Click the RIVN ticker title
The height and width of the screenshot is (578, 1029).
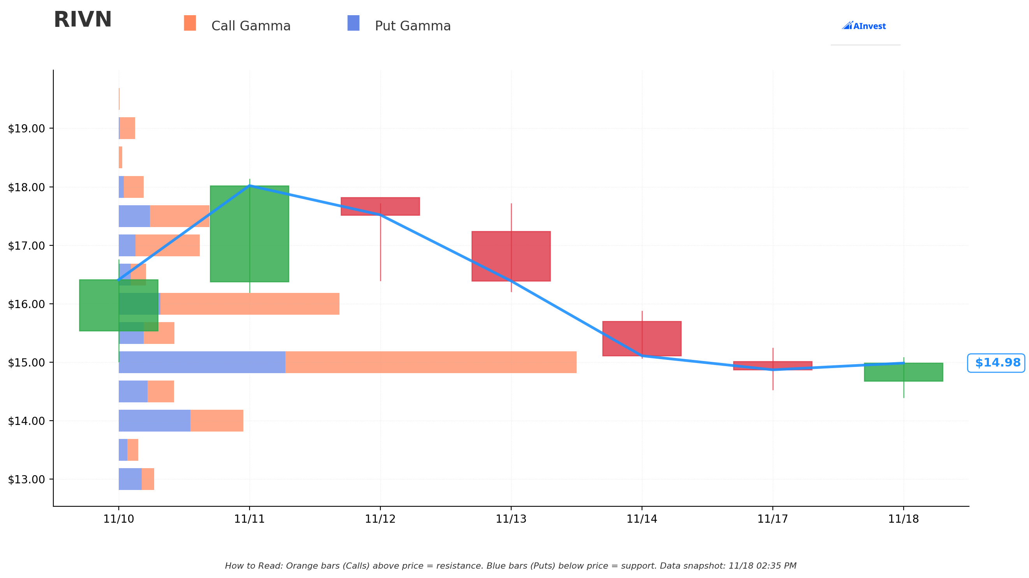click(x=83, y=20)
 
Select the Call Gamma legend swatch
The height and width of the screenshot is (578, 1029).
click(x=190, y=23)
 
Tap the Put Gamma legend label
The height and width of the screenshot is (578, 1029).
click(x=412, y=26)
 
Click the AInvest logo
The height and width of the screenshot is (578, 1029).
click(x=864, y=26)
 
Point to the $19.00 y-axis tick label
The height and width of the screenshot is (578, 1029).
click(x=26, y=129)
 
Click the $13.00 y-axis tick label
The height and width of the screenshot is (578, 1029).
click(x=26, y=479)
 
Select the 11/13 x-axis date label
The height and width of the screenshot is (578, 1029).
click(x=511, y=519)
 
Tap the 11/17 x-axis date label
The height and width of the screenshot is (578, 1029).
click(x=772, y=519)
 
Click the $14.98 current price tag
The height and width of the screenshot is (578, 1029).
click(x=996, y=363)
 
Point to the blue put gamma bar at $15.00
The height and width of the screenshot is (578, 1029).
click(x=202, y=362)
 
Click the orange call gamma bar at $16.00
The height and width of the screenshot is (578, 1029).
click(x=250, y=304)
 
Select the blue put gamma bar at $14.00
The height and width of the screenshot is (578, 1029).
click(x=154, y=421)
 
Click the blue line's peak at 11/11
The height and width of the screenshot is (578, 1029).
click(x=250, y=185)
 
